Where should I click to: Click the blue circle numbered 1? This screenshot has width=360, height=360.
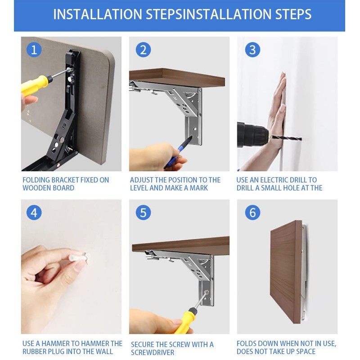(34, 49)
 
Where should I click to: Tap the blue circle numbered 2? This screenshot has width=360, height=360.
(143, 49)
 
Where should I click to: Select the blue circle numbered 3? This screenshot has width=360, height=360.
(252, 49)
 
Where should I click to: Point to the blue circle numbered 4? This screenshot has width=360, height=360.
(34, 212)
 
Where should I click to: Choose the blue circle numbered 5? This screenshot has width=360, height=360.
(143, 212)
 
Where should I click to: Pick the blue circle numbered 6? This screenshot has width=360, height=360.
(252, 212)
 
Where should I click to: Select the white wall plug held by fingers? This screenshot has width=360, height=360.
(77, 257)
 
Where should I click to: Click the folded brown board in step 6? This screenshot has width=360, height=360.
(286, 272)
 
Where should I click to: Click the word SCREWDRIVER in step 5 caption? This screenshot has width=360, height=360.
(153, 352)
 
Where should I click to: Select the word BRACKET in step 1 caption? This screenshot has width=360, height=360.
(65, 180)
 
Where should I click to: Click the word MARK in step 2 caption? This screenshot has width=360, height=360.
(199, 188)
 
